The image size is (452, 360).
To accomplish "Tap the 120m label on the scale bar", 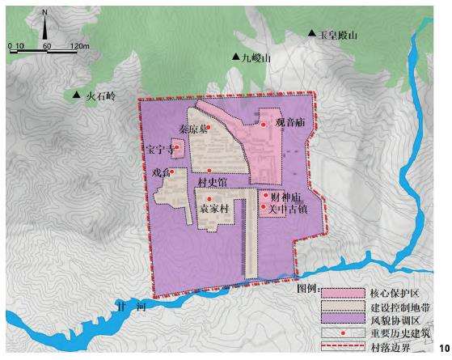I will pyautogui.click(x=79, y=45).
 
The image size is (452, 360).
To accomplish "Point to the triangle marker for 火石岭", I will pyautogui.click(x=77, y=96).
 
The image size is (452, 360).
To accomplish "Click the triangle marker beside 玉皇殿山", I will pyautogui.click(x=311, y=34).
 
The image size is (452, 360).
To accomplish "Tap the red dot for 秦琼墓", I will pyautogui.click(x=208, y=127).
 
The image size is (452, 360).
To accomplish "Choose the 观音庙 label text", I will pyautogui.click(x=289, y=124).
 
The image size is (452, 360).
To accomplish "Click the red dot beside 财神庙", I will pyautogui.click(x=265, y=196).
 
